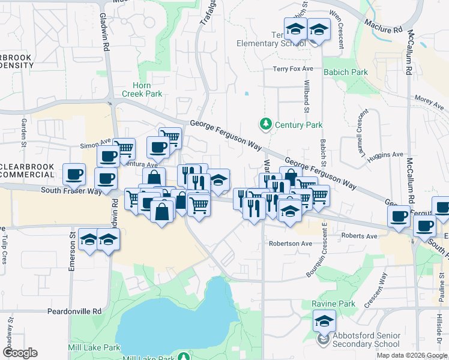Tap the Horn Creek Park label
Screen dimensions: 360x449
[142, 89]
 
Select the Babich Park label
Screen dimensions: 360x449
[345, 72]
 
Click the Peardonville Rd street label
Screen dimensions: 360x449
[74, 311]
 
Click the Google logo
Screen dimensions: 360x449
[19, 353]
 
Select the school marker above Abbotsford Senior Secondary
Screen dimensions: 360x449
[324, 321]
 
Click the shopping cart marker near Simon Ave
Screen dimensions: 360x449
[124, 147]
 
